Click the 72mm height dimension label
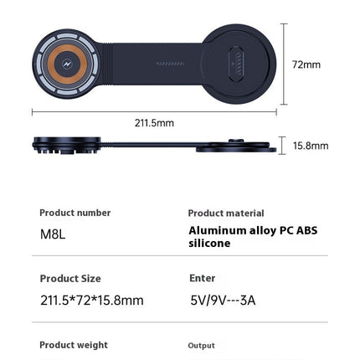[x=306, y=64]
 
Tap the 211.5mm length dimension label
[x=154, y=123]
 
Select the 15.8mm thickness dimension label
[x=311, y=146]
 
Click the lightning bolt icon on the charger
[x=67, y=64]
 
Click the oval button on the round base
[x=237, y=64]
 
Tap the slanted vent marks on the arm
[x=170, y=64]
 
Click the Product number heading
[x=75, y=213]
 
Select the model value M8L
[x=53, y=234]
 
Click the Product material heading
[x=226, y=213]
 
